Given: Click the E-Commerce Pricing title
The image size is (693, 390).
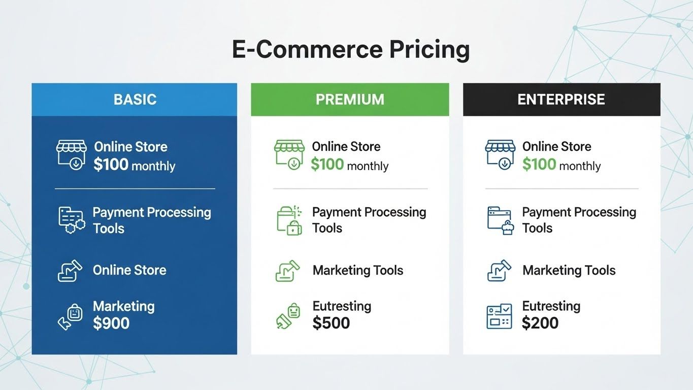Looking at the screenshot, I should coord(350,50).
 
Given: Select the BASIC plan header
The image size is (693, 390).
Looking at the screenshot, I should coord(135,99).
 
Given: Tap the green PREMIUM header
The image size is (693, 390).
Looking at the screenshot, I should coord(350,99).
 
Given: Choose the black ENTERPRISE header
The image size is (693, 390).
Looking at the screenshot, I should coord(561,99).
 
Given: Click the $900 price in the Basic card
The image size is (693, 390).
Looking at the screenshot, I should coord(111,323).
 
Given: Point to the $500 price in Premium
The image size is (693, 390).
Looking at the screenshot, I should coord(331,323).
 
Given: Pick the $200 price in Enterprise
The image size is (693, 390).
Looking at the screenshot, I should coord(540,323).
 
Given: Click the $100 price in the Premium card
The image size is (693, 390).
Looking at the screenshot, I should coord(327,165).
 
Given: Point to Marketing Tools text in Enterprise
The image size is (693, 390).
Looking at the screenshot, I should coord(569,270).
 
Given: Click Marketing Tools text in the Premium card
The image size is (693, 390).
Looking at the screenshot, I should coord(358,270).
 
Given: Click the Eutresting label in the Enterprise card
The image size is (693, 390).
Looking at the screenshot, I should coord(551,306).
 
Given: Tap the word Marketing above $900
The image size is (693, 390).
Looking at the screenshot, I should coord(123,306).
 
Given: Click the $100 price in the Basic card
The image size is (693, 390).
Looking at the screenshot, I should coord(111,165).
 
